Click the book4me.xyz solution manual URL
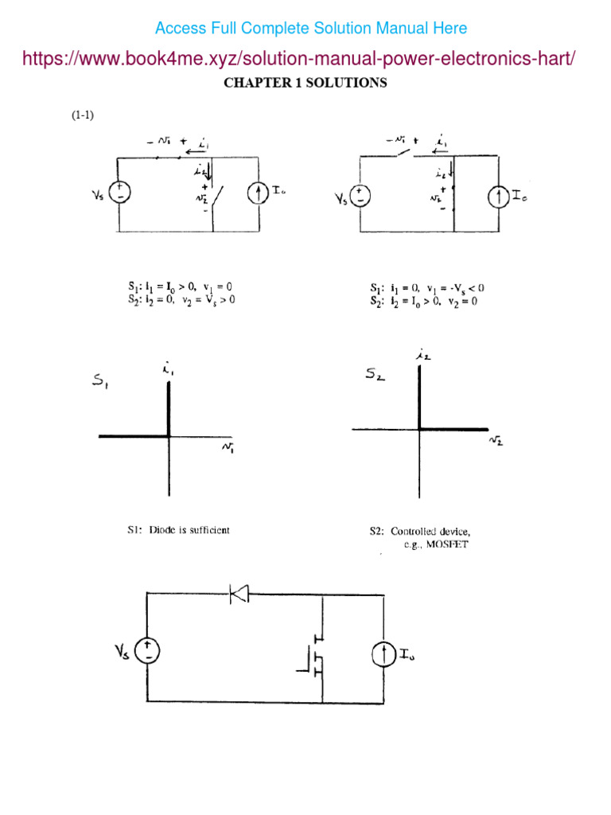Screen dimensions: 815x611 click(298, 58)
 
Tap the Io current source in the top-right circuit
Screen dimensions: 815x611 click(498, 197)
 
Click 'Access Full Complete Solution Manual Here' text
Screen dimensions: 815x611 click(311, 29)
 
